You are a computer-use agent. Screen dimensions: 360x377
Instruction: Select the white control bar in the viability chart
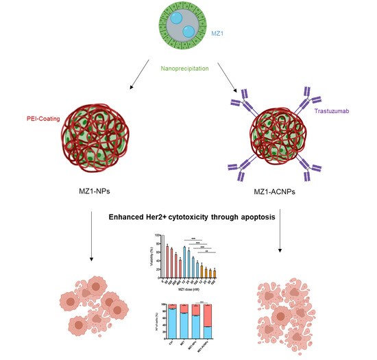[158, 253]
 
